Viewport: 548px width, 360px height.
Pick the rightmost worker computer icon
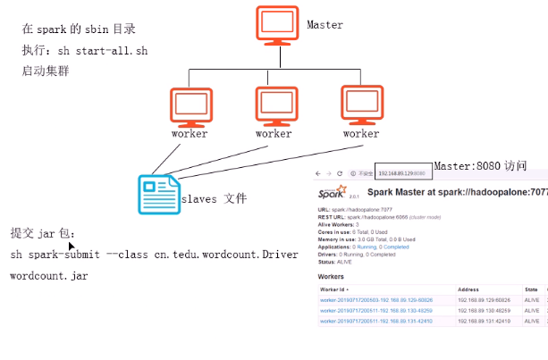tap(361, 105)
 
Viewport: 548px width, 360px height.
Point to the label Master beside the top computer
tap(325, 25)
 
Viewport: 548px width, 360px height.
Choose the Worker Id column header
tap(334, 290)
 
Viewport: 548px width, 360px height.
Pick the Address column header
tap(468, 290)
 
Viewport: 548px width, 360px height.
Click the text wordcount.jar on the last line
tap(49, 276)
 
